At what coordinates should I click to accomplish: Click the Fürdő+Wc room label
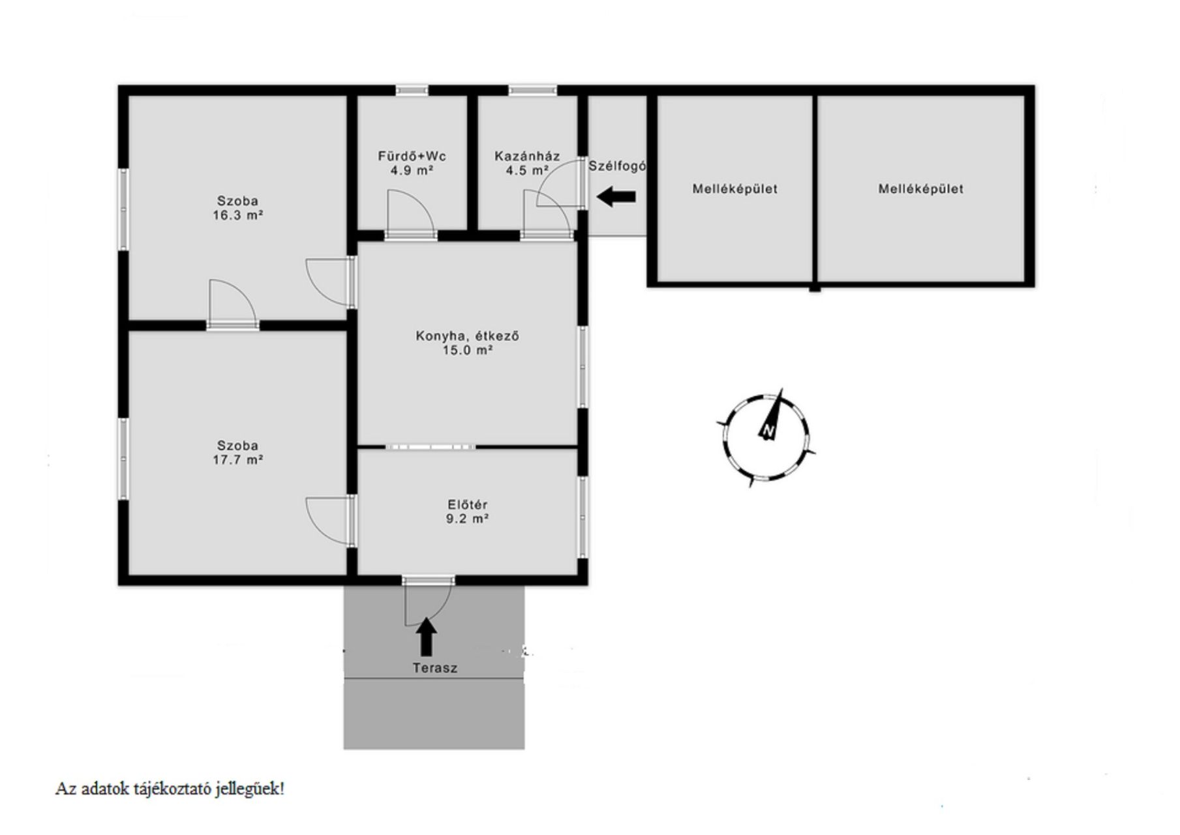412,157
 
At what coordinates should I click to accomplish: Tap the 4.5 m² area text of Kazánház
526,171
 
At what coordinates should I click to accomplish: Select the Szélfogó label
617,166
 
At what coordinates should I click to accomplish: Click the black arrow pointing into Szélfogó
616,196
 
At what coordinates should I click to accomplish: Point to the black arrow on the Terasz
427,637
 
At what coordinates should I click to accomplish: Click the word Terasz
434,668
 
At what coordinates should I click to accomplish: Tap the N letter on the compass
768,431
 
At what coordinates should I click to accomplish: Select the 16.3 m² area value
237,215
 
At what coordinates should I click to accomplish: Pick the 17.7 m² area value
237,460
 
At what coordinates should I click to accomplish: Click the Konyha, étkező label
467,337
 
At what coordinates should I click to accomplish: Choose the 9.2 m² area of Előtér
467,519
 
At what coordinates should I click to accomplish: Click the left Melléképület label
734,189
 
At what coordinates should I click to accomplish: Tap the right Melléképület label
920,189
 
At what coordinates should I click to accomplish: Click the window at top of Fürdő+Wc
412,91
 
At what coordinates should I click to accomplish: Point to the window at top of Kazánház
533,91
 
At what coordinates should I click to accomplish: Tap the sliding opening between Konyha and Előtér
431,447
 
